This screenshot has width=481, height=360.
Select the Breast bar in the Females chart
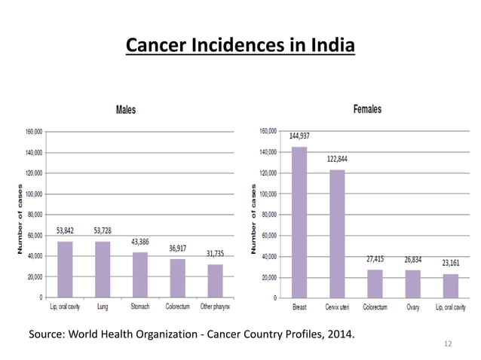tap(299, 222)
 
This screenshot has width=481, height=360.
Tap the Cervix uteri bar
tap(337, 233)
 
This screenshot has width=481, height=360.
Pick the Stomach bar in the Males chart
tap(140, 274)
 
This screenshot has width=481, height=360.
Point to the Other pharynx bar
tap(216, 280)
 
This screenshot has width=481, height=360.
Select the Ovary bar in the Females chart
tap(412, 283)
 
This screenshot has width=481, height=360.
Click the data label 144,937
tap(299, 136)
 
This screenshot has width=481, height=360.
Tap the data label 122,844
tap(337, 159)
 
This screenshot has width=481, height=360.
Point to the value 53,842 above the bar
tap(65, 230)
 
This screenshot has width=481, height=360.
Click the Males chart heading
tap(125, 110)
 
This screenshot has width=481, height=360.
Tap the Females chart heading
tap(367, 109)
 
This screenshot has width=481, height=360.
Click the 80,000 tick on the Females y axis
tap(268, 215)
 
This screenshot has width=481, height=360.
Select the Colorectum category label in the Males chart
tap(177, 307)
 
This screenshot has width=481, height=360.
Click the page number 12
tap(448, 344)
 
